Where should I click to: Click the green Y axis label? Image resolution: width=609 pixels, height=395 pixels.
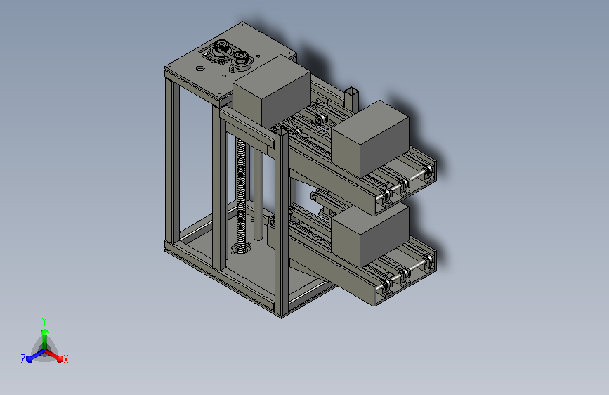pyautogui.click(x=44, y=322)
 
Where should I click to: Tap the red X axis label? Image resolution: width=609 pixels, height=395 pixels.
pyautogui.click(x=65, y=360)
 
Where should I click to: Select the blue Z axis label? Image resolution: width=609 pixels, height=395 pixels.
pyautogui.click(x=23, y=359)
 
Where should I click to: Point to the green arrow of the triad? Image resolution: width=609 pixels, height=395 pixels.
pyautogui.click(x=45, y=339)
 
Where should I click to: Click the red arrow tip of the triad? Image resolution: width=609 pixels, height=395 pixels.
pyautogui.click(x=60, y=358)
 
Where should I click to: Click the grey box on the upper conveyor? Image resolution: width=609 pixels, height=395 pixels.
pyautogui.click(x=370, y=138)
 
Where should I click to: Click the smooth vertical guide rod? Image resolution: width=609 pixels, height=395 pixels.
pyautogui.click(x=258, y=195)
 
